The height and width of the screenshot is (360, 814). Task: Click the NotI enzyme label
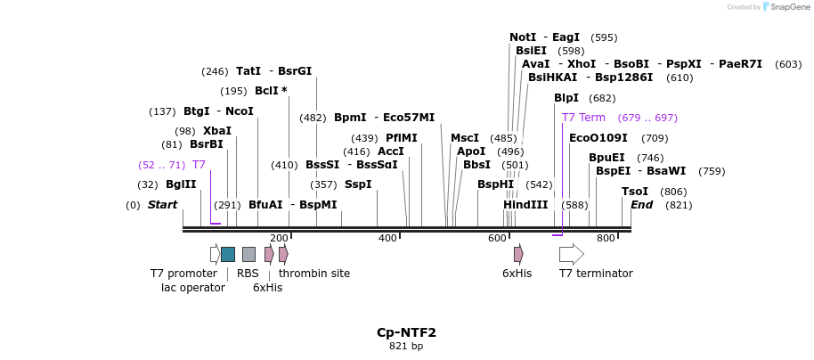pyautogui.click(x=523, y=37)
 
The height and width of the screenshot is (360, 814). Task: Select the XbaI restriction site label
pyautogui.click(x=216, y=131)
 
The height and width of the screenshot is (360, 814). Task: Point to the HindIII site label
pyautogui.click(x=525, y=205)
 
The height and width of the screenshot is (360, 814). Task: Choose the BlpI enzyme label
pyautogui.click(x=566, y=98)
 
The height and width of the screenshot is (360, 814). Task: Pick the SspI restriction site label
pyautogui.click(x=358, y=184)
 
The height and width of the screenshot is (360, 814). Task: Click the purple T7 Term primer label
pyautogui.click(x=583, y=118)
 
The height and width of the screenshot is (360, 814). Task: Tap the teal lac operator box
pyautogui.click(x=228, y=254)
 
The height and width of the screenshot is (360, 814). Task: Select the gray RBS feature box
pyautogui.click(x=248, y=254)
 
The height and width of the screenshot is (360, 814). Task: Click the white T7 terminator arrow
pyautogui.click(x=571, y=254)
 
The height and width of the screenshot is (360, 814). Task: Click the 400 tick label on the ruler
pyautogui.click(x=387, y=238)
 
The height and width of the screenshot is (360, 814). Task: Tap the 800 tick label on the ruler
pyautogui.click(x=606, y=238)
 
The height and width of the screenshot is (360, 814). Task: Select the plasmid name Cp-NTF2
pyautogui.click(x=406, y=332)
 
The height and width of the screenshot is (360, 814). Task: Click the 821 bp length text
pyautogui.click(x=406, y=346)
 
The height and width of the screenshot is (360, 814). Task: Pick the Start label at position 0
pyautogui.click(x=162, y=205)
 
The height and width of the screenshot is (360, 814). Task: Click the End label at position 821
pyautogui.click(x=642, y=205)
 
